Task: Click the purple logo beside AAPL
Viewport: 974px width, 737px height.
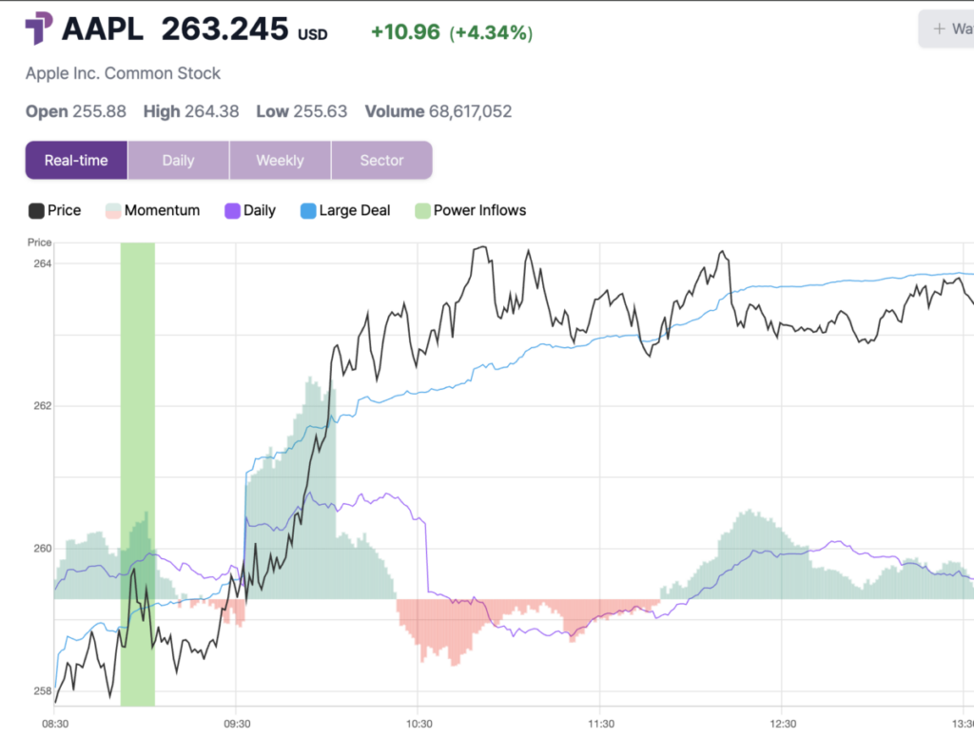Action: (x=39, y=29)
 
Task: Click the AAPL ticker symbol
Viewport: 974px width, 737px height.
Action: (x=103, y=29)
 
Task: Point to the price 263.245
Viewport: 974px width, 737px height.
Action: (x=224, y=29)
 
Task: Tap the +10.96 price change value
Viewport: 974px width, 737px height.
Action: (x=405, y=32)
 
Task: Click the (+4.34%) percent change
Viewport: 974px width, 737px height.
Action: (x=491, y=32)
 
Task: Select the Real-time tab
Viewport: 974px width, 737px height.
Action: (x=76, y=160)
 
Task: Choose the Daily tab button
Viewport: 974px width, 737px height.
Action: (x=178, y=160)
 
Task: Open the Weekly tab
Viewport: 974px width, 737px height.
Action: (x=280, y=160)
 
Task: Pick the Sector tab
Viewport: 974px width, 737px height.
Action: (x=381, y=160)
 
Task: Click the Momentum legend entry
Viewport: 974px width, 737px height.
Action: (x=152, y=210)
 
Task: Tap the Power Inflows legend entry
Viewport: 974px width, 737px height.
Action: (x=470, y=210)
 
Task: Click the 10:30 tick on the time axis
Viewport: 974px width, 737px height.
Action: (x=419, y=724)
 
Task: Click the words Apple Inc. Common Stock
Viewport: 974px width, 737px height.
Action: (x=123, y=73)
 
